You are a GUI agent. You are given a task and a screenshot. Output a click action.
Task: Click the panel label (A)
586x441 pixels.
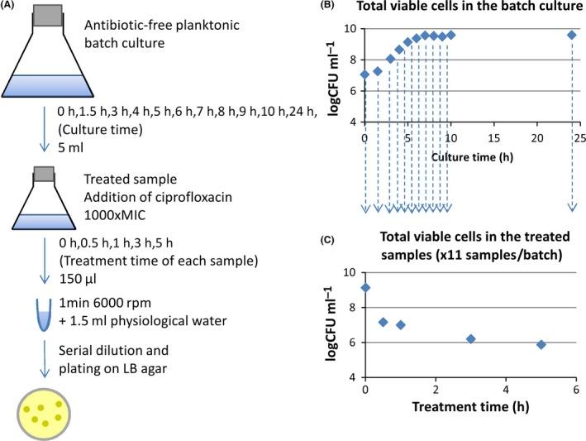point(12,7)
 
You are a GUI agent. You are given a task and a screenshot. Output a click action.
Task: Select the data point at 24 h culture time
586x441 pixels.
point(571,35)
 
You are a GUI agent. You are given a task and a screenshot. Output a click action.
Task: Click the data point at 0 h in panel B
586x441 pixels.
point(364,74)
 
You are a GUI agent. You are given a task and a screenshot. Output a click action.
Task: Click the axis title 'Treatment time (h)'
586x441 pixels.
point(470,406)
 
